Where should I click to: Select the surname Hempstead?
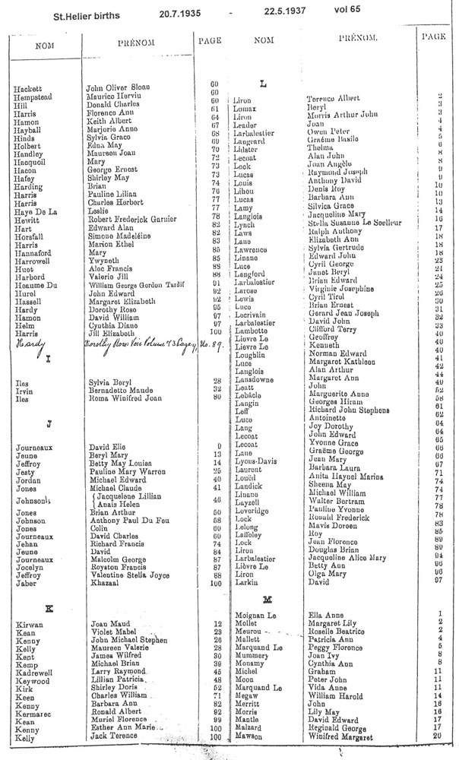coord(33,99)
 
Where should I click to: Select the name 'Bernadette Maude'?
coord(116,389)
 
